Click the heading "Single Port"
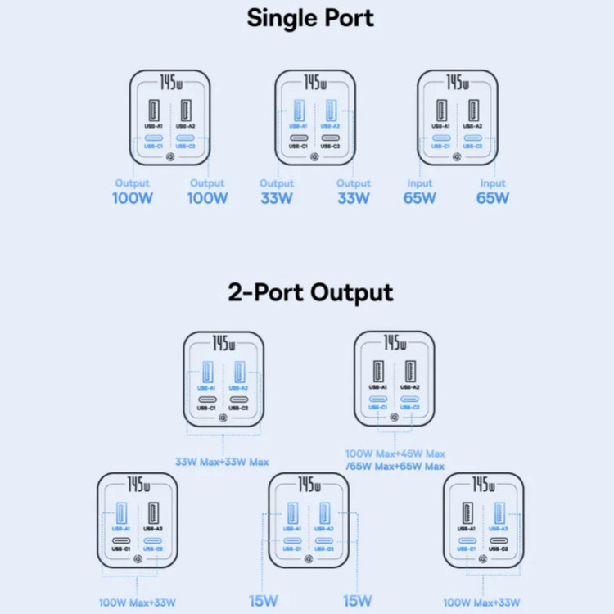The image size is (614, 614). [x=310, y=18]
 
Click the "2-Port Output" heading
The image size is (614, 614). [x=310, y=292]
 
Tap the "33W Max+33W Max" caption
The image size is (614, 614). [x=222, y=462]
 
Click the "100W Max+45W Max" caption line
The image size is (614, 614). [x=395, y=453]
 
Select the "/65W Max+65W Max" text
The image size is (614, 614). [x=395, y=467]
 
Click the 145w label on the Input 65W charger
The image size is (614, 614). [x=457, y=84]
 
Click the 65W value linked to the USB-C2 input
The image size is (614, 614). [x=493, y=197]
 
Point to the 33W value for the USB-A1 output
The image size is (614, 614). [x=277, y=197]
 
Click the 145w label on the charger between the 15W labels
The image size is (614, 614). [x=309, y=485]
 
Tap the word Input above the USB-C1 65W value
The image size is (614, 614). [x=419, y=183]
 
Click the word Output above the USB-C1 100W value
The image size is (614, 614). [x=133, y=183]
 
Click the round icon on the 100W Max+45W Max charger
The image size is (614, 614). [x=394, y=417]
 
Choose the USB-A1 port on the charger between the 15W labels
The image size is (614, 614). [x=292, y=514]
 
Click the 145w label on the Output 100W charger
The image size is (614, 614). [x=170, y=84]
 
